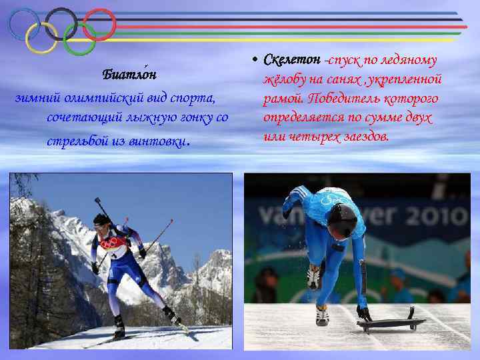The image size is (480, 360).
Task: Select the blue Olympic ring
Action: pos(25,25)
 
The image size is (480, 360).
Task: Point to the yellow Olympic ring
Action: pos(41,39)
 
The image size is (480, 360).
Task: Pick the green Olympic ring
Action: pos(79,39)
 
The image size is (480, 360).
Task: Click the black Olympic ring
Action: pos(61,25)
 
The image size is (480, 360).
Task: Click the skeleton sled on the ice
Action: pos(391,323)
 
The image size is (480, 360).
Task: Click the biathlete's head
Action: pos(102,222)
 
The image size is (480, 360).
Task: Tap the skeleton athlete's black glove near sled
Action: pos(363,312)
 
